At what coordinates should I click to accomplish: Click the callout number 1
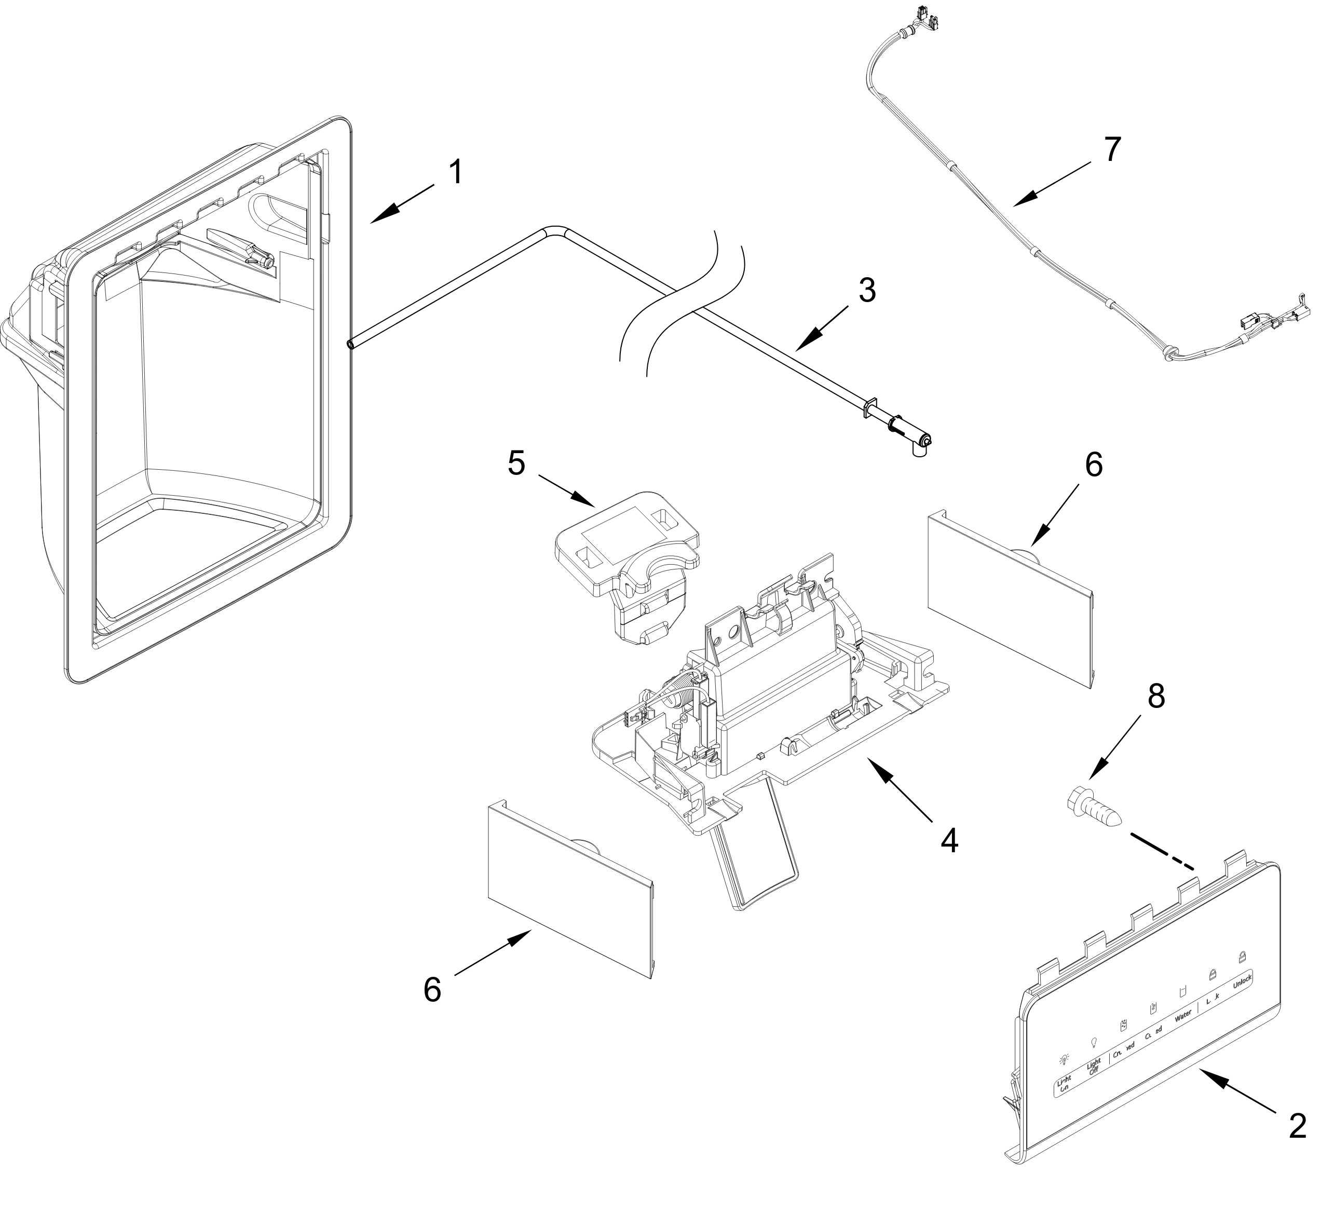pyautogui.click(x=456, y=173)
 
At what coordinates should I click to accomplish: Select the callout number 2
pyautogui.click(x=1298, y=1127)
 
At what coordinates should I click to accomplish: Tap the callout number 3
pyautogui.click(x=867, y=291)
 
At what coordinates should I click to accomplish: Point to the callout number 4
pyautogui.click(x=949, y=841)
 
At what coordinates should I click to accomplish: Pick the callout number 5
pyautogui.click(x=516, y=463)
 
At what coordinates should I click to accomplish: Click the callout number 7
pyautogui.click(x=1111, y=149)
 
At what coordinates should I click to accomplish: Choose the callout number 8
pyautogui.click(x=1156, y=697)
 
